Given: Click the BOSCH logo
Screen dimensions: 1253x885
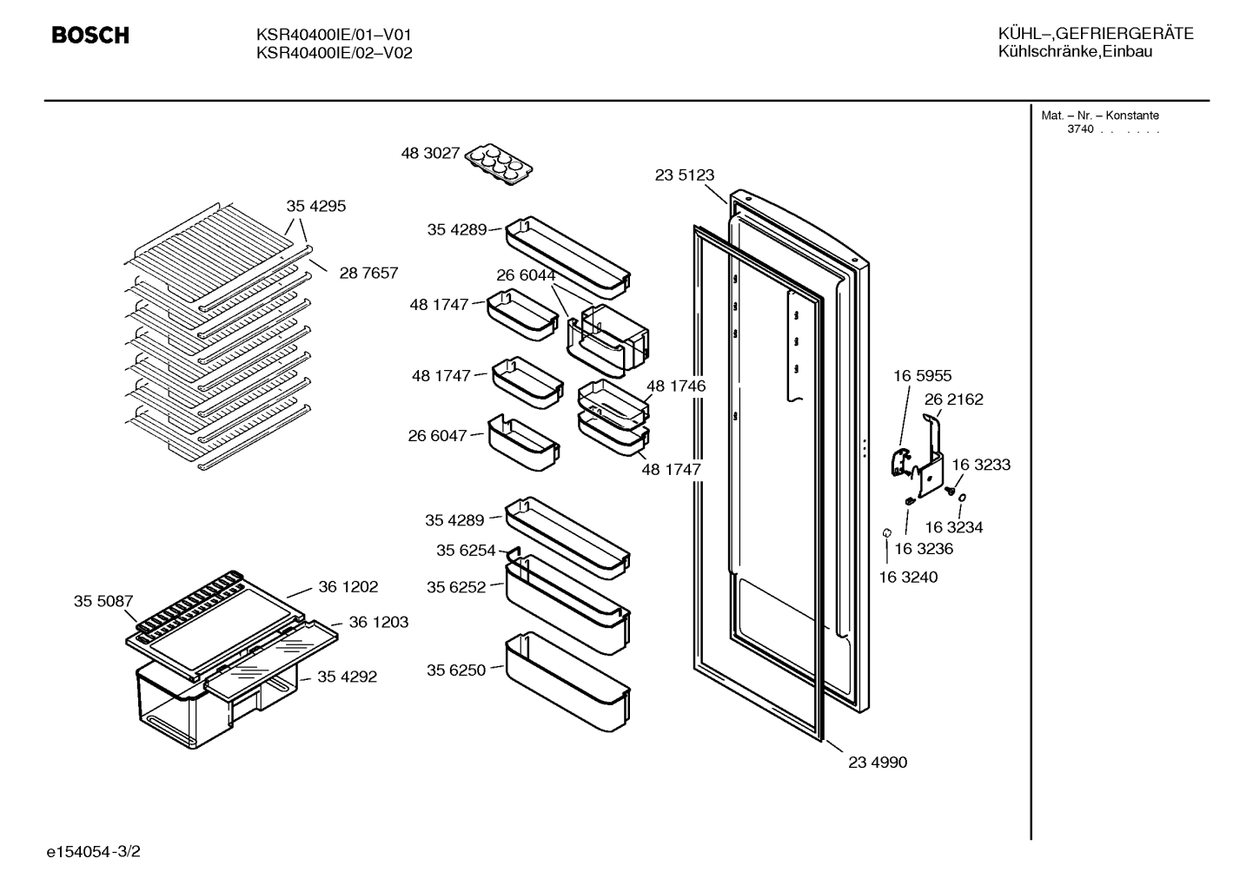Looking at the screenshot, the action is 90,36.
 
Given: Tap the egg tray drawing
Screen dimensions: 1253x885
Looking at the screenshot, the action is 499,164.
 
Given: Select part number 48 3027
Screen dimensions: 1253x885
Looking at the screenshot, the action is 430,153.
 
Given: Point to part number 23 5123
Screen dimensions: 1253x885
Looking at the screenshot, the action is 685,175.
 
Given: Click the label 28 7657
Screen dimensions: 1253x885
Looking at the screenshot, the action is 368,273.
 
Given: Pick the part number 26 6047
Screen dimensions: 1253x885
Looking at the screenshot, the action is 437,435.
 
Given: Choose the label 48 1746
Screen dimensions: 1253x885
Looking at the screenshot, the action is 676,386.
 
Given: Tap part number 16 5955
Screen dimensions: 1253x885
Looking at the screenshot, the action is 923,376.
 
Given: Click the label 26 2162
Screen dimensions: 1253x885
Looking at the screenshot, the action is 954,400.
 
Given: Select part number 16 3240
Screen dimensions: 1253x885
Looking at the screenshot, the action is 908,577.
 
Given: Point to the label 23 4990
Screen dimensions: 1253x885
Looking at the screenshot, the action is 878,763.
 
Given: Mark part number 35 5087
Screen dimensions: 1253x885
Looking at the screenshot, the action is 103,601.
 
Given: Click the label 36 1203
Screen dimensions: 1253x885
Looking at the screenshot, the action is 379,622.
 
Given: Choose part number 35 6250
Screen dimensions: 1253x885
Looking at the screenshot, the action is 456,670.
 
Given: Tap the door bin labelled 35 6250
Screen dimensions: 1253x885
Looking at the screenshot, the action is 567,682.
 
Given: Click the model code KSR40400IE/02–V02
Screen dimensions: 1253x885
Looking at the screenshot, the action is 335,53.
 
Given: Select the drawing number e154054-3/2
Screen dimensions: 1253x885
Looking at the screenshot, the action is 94,851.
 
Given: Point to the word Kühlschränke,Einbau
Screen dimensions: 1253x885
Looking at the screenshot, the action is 1075,52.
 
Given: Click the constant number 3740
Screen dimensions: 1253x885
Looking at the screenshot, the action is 1080,129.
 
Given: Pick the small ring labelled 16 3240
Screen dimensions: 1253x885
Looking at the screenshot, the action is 886,532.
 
